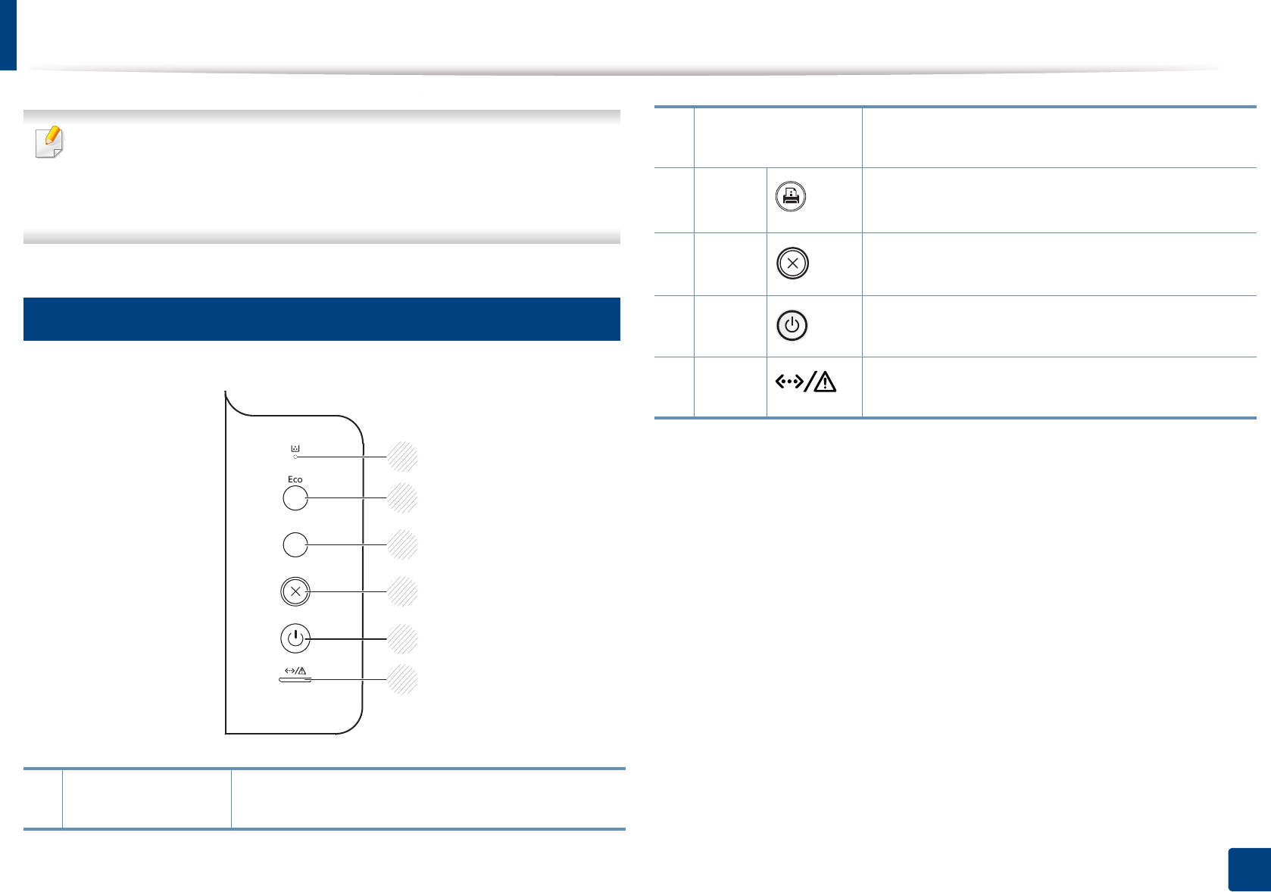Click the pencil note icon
(x=50, y=142)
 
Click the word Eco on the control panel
(x=295, y=479)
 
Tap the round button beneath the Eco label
(x=295, y=498)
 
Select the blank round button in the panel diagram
(x=295, y=544)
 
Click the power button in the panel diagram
(x=295, y=638)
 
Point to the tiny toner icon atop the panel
(x=295, y=448)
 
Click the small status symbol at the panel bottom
(x=295, y=671)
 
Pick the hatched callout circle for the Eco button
(x=402, y=498)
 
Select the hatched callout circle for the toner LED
(x=402, y=457)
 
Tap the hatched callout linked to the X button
(x=402, y=591)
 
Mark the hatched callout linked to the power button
(x=402, y=639)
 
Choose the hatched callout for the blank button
(x=402, y=544)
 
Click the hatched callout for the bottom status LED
(x=402, y=679)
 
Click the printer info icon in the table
(x=791, y=197)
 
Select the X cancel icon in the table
(x=792, y=264)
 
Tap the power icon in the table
(x=792, y=326)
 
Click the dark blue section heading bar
(x=322, y=319)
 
